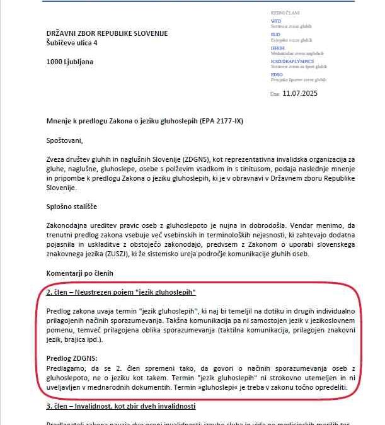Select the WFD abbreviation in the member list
275,21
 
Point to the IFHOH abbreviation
278,48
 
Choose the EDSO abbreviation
277,75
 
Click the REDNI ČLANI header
285,12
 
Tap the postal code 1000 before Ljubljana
55,62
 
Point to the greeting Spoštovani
64,139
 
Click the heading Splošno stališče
72,207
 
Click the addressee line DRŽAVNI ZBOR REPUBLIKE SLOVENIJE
107,33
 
